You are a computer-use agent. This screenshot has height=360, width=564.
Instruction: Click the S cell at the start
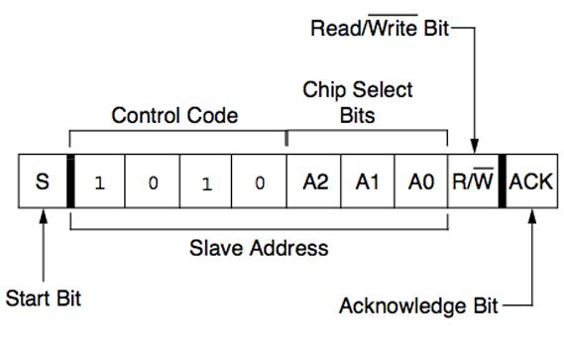[42, 182]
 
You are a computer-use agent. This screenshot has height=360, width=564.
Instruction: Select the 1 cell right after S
[98, 182]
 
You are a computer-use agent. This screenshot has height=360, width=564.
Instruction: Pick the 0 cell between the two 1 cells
[152, 182]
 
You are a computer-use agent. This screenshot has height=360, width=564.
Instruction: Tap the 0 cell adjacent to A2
[260, 182]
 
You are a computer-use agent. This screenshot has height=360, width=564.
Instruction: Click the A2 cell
[313, 182]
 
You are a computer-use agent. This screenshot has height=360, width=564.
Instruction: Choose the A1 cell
[367, 182]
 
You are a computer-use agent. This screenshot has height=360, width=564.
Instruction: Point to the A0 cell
[420, 182]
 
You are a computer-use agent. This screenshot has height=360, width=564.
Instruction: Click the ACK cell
[533, 182]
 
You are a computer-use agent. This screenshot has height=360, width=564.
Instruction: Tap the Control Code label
[174, 116]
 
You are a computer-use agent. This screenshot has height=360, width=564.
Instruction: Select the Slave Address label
[259, 247]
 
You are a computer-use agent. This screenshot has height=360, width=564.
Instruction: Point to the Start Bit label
[44, 299]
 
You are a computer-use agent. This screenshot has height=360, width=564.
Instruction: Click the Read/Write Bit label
[379, 28]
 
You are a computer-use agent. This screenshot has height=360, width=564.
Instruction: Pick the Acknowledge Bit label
[418, 305]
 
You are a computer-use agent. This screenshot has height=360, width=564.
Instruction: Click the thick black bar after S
[70, 182]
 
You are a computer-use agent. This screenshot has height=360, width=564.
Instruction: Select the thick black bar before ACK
[503, 182]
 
